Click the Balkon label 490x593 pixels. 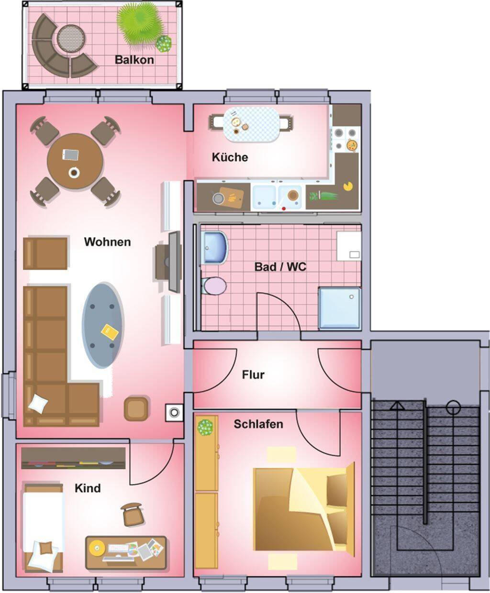[x=134, y=60]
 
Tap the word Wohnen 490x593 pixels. [x=108, y=242]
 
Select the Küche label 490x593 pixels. [x=230, y=157]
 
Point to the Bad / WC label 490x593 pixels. [x=280, y=267]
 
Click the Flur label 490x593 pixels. [x=253, y=374]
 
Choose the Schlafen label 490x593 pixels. [x=258, y=424]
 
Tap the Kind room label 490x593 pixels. [x=88, y=488]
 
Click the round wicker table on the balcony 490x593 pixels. [x=71, y=39]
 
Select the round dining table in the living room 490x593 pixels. [x=75, y=162]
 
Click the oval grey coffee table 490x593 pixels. [x=103, y=325]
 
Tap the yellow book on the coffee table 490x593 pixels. [x=110, y=332]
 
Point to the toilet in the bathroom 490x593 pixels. [x=214, y=286]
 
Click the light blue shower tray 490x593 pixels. [x=340, y=308]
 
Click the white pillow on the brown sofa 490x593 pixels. [x=38, y=403]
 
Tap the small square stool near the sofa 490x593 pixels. [x=136, y=409]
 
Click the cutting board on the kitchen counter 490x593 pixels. [x=231, y=197]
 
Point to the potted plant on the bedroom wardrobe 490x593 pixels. [x=205, y=428]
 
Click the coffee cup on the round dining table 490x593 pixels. [x=74, y=172]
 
